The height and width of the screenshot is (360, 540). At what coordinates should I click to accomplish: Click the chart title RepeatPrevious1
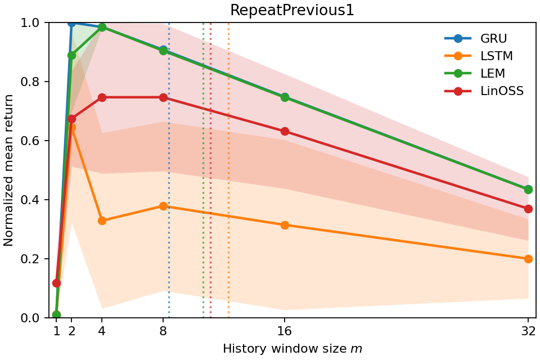click(x=292, y=10)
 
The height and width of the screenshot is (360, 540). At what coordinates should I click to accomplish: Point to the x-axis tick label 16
click(x=285, y=331)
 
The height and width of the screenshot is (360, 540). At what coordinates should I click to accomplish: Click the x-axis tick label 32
click(x=528, y=331)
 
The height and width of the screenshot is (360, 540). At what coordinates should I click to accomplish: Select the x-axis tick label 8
click(x=163, y=331)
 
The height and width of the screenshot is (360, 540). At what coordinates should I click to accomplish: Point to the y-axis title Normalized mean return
click(x=9, y=170)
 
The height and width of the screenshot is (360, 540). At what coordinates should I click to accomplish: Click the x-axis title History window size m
click(x=292, y=349)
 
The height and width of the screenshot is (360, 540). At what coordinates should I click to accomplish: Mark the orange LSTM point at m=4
click(x=102, y=220)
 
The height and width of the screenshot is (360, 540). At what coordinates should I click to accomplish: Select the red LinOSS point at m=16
click(x=285, y=131)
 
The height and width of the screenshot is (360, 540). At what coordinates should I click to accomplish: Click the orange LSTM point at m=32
click(x=528, y=259)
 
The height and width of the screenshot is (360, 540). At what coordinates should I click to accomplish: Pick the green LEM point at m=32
click(x=528, y=190)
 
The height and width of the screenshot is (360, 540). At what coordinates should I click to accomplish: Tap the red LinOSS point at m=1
click(x=56, y=283)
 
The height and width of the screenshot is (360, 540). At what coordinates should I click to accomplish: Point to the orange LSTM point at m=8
click(x=163, y=206)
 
